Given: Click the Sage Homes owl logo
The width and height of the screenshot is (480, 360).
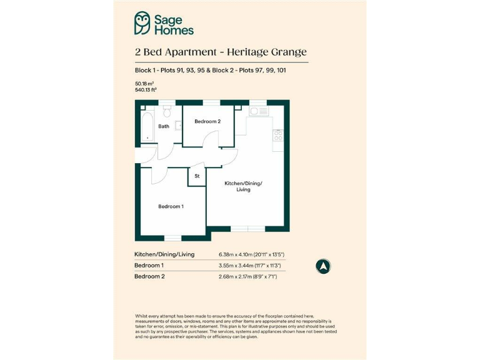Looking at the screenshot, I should click(x=142, y=23).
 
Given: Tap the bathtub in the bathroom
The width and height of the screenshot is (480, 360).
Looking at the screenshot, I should click(x=147, y=126).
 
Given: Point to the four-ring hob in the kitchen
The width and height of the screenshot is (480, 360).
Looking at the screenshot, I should click(x=277, y=134).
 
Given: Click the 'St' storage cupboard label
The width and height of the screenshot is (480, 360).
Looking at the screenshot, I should click(x=197, y=176).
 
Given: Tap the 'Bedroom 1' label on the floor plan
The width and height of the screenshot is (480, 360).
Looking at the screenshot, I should click(x=171, y=206).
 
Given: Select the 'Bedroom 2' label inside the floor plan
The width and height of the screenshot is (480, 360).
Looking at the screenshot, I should click(x=207, y=121).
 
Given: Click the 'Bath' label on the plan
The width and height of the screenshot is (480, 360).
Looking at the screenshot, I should click(x=163, y=126).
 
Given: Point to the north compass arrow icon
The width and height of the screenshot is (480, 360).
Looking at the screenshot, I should click(x=323, y=266).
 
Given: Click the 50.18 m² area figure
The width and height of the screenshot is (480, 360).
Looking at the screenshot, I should click(x=144, y=83).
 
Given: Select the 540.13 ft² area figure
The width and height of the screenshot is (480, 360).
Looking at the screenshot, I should click(x=146, y=90).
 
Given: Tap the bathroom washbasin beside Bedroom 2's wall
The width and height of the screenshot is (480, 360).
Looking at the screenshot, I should click(x=179, y=126).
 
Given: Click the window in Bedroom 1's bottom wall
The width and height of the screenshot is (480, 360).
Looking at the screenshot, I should click(x=172, y=237).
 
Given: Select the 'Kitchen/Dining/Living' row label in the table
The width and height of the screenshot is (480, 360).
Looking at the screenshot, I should click(x=164, y=254).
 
